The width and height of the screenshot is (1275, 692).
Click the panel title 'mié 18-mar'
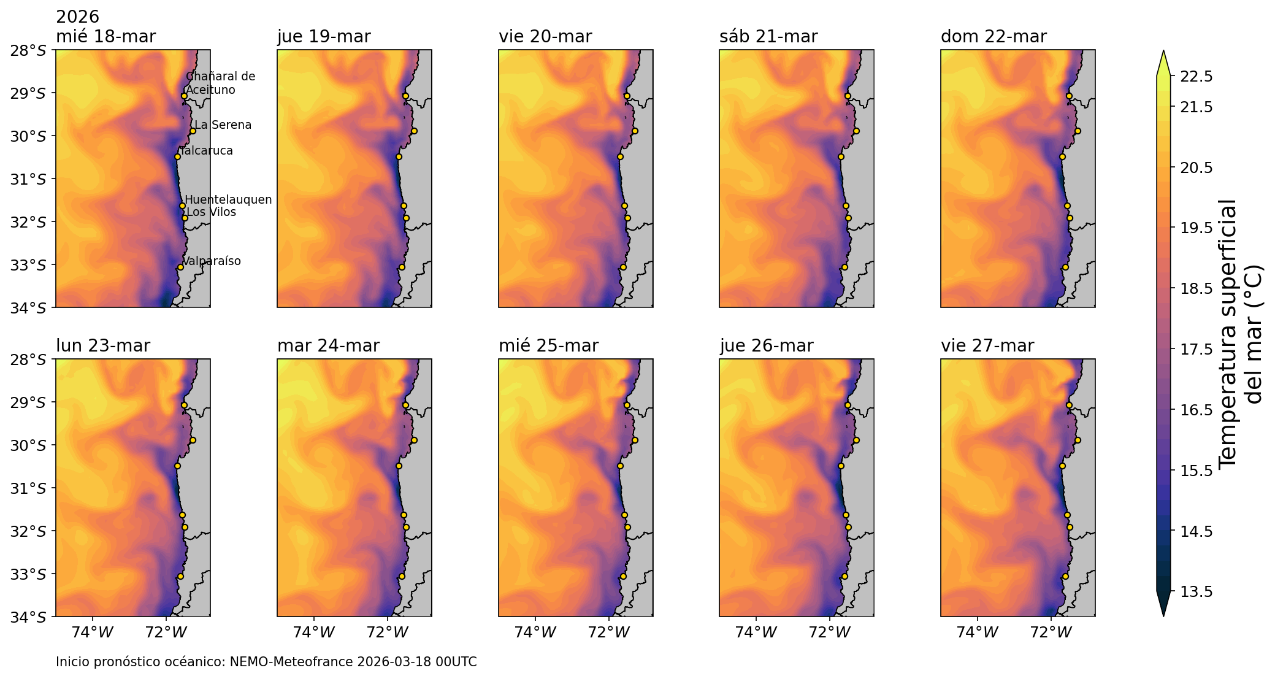pos(105,37)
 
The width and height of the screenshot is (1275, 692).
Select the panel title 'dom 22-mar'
pos(994,37)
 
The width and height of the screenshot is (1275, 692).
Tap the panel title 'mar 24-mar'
pos(328,346)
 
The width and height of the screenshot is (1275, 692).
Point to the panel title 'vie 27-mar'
pos(987,346)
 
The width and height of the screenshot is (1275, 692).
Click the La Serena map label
pos(223,125)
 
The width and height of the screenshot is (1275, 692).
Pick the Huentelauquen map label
pos(228,200)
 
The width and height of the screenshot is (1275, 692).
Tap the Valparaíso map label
pos(212,261)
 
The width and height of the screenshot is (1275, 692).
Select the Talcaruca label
pos(207,151)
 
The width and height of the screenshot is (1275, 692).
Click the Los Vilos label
pos(211,212)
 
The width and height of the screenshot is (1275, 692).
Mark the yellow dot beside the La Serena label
pos(193,131)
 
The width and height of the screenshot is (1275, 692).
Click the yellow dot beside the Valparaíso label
pos(180,267)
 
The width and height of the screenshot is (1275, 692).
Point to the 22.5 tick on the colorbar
pos(1197,77)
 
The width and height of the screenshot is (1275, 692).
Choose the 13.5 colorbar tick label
pos(1197,591)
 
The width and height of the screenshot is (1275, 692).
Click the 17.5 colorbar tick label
pos(1197,349)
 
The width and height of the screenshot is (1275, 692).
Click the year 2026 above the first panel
pos(77,17)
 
